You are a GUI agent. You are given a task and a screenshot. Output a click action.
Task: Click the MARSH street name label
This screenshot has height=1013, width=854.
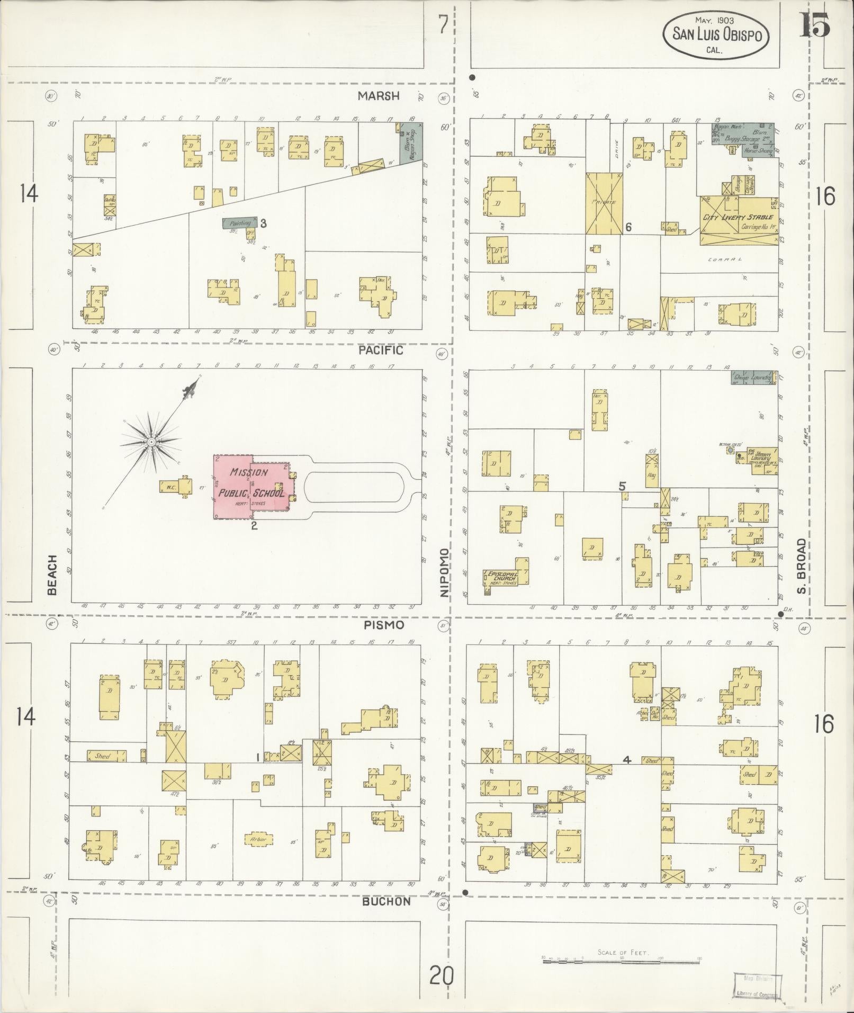pyautogui.click(x=377, y=96)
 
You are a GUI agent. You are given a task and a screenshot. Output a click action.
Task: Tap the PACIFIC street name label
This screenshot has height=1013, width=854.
pyautogui.click(x=380, y=350)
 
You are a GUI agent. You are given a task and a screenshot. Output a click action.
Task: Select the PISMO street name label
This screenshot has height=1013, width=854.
pyautogui.click(x=383, y=625)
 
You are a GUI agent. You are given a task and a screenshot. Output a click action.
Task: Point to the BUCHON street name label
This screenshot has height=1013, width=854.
pyautogui.click(x=386, y=901)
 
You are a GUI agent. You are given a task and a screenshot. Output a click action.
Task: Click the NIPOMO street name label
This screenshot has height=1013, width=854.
pyautogui.click(x=444, y=573)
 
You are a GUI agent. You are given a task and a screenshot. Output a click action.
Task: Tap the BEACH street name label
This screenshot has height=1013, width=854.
pyautogui.click(x=52, y=575)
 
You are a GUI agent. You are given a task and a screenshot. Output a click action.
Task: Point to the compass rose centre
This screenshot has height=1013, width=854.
pyautogui.click(x=151, y=441)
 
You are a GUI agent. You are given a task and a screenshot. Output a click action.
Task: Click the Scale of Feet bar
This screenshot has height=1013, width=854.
pyautogui.click(x=622, y=961)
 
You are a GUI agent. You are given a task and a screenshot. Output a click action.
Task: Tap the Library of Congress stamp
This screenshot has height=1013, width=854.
pyautogui.click(x=757, y=986)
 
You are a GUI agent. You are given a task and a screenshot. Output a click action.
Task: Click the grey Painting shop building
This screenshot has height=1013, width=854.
pyautogui.click(x=240, y=223)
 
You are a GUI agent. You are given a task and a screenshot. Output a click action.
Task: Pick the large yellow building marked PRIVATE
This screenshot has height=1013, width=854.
pyautogui.click(x=605, y=203)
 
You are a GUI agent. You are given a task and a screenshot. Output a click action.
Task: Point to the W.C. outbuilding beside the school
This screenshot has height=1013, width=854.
pyautogui.click(x=171, y=487)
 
